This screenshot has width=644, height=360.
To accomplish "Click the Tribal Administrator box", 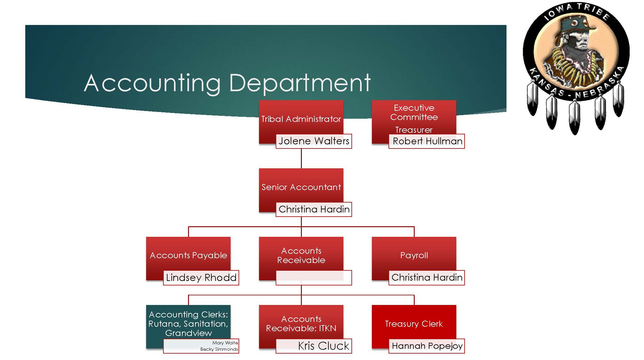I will pyautogui.click(x=301, y=119).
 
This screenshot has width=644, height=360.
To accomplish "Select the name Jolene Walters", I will pyautogui.click(x=314, y=141).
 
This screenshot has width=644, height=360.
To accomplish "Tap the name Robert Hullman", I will pyautogui.click(x=427, y=141).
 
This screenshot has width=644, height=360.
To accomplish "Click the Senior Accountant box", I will pyautogui.click(x=301, y=187).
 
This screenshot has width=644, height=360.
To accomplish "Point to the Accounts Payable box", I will pyautogui.click(x=188, y=255).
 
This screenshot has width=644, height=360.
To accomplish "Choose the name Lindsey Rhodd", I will pyautogui.click(x=201, y=277).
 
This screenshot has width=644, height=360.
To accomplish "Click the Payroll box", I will pyautogui.click(x=414, y=255).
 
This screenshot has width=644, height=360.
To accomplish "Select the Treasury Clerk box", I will pyautogui.click(x=414, y=324).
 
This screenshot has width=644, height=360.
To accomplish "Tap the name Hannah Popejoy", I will pyautogui.click(x=427, y=346).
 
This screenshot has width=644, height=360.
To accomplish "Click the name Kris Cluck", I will pyautogui.click(x=323, y=346).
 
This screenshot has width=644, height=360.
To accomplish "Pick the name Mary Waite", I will pyautogui.click(x=225, y=343).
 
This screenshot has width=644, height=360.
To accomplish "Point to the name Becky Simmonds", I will pyautogui.click(x=219, y=349).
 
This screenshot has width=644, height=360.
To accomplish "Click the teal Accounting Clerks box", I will pyautogui.click(x=188, y=324).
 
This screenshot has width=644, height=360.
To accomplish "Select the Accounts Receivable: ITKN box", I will pyautogui.click(x=301, y=323).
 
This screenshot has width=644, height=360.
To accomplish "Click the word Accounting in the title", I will pyautogui.click(x=152, y=83).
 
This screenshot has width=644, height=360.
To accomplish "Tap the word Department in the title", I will pyautogui.click(x=300, y=83).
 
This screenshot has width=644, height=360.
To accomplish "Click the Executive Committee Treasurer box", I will pyautogui.click(x=414, y=118).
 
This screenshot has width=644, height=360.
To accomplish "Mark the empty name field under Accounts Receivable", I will pyautogui.click(x=314, y=277).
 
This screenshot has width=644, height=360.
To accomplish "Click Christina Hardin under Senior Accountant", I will pyautogui.click(x=314, y=209).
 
